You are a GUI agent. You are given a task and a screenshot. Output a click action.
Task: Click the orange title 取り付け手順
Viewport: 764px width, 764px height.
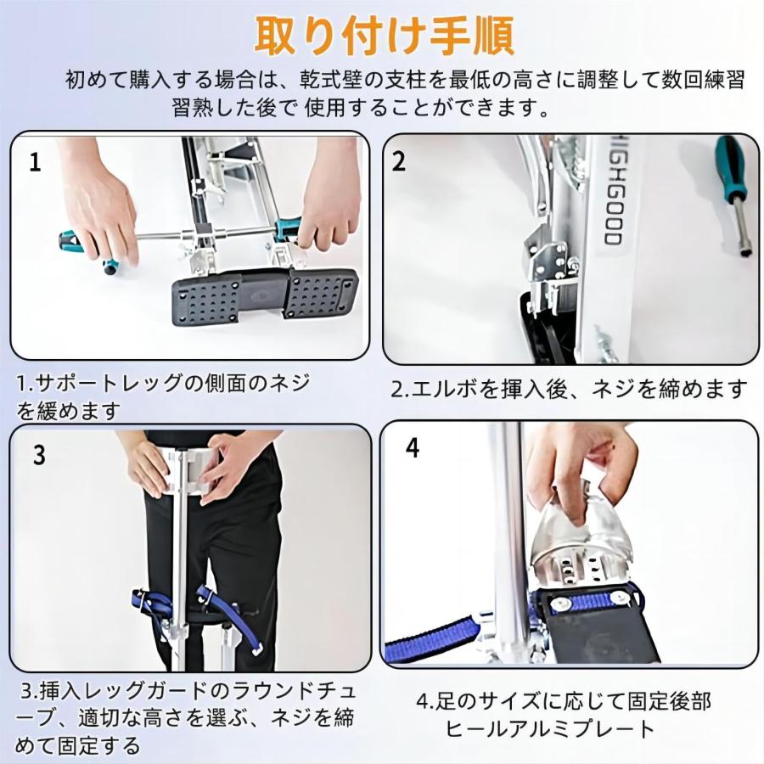(x=385, y=36)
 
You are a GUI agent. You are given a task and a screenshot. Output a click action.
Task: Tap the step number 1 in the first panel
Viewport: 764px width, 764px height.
(x=35, y=162)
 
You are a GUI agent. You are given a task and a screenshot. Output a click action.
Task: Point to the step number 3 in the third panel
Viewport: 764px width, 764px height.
(x=39, y=455)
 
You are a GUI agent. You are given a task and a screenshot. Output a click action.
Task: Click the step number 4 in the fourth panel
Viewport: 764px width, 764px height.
(x=413, y=447)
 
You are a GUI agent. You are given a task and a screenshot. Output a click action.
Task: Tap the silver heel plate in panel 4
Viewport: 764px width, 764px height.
(x=582, y=543)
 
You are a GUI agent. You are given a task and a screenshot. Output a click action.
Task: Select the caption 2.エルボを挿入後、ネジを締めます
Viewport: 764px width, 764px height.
(x=569, y=389)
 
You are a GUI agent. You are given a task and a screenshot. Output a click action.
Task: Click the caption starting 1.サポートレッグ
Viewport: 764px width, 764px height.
(x=163, y=396)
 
